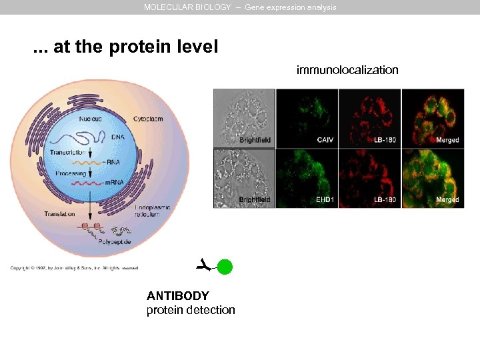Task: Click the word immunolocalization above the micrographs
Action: click(347, 70)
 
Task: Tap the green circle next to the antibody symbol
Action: click(225, 267)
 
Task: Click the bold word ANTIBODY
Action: click(178, 296)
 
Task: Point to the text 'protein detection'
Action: click(191, 310)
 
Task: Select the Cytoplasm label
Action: click(148, 119)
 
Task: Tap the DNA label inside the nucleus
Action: click(117, 137)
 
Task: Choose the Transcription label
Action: click(68, 153)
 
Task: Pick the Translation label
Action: click(59, 214)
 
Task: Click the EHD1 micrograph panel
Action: click(307, 178)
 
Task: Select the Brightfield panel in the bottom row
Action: click(243, 178)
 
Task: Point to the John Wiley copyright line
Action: click(74, 268)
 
